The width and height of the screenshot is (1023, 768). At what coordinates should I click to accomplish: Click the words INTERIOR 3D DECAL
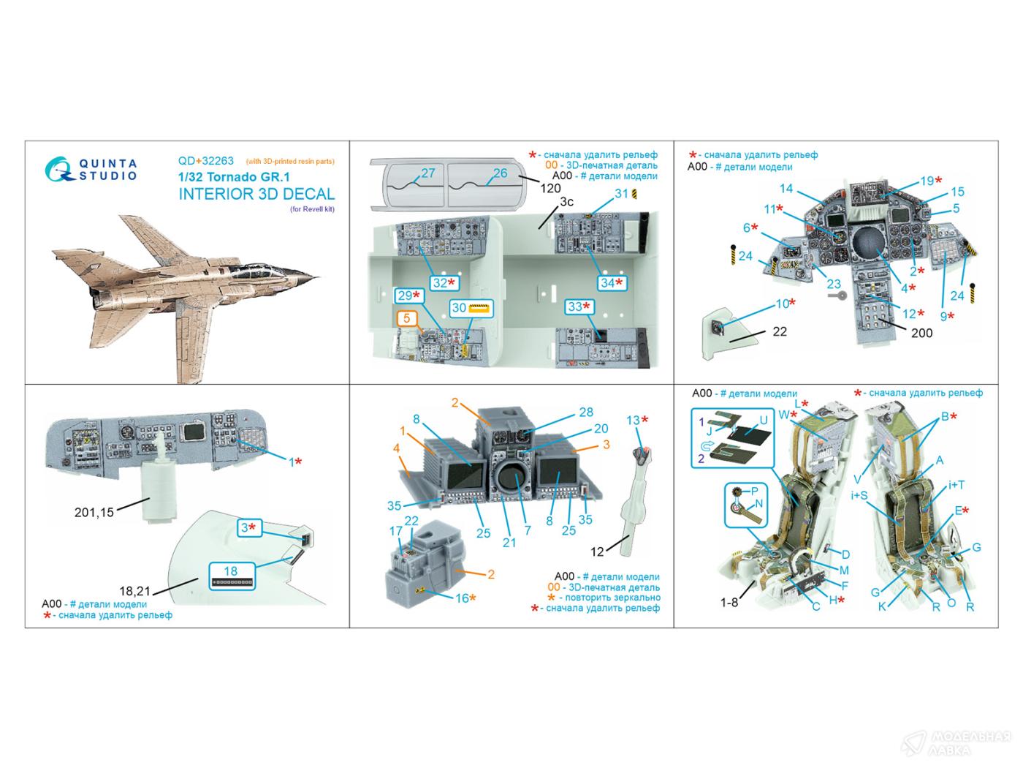point(256,194)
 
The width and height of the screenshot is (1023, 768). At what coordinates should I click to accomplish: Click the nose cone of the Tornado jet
point(313,278)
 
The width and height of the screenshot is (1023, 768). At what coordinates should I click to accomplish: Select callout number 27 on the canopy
point(427,173)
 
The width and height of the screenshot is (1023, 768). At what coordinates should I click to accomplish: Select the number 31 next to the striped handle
point(621,194)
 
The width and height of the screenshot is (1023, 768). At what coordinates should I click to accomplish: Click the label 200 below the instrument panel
point(922,333)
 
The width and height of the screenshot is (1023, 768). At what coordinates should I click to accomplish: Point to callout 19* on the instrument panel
point(930,181)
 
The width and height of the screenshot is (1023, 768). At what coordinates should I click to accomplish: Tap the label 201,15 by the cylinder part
point(94,513)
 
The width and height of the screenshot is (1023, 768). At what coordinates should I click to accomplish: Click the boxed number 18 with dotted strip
point(231,573)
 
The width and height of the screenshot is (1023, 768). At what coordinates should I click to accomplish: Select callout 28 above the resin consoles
point(585,413)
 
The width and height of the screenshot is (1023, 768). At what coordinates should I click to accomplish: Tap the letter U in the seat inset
point(764,421)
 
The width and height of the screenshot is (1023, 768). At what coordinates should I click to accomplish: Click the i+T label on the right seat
point(957,486)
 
